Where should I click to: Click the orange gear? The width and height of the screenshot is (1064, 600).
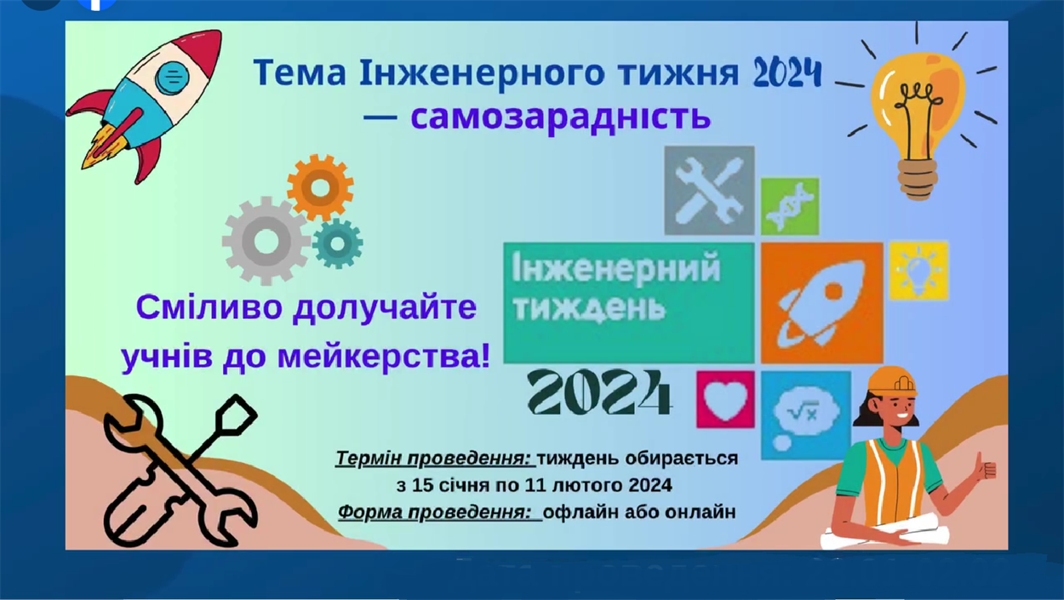coord(320,187)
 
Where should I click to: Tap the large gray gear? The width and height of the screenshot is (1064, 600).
coord(266,241)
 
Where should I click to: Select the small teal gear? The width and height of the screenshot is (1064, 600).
coord(337,243)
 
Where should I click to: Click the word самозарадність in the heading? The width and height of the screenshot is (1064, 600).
coord(560,117)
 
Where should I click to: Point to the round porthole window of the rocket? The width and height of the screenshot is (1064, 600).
coord(172,77)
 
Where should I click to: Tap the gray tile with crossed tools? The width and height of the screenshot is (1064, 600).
coord(709,191)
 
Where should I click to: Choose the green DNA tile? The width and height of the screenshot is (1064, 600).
coord(790,207)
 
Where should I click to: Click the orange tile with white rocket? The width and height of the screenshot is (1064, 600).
coord(822,303)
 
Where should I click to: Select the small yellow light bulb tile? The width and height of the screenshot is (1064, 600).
coord(918,271)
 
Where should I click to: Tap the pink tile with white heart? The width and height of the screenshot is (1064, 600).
coord(725,399)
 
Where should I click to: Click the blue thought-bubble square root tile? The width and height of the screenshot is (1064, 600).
coord(805,415)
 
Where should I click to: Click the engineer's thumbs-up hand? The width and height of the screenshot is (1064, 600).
coord(983,467)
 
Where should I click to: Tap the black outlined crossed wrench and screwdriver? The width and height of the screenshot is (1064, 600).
coord(180,471)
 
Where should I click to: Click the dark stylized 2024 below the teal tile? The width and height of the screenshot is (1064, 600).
coord(600,392)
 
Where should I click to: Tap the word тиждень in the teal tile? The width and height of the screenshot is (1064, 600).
coord(589,308)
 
